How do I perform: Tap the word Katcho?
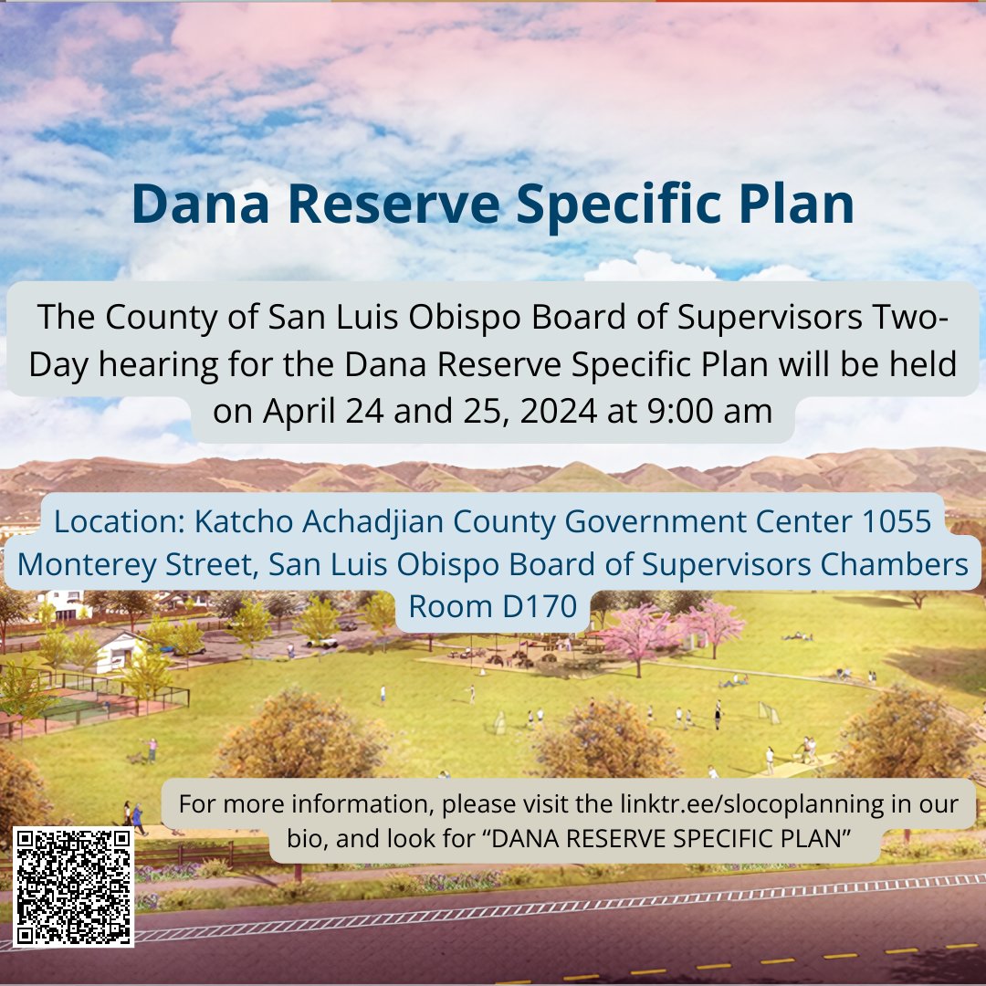pos(239,522)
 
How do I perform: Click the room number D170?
pos(535,606)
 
